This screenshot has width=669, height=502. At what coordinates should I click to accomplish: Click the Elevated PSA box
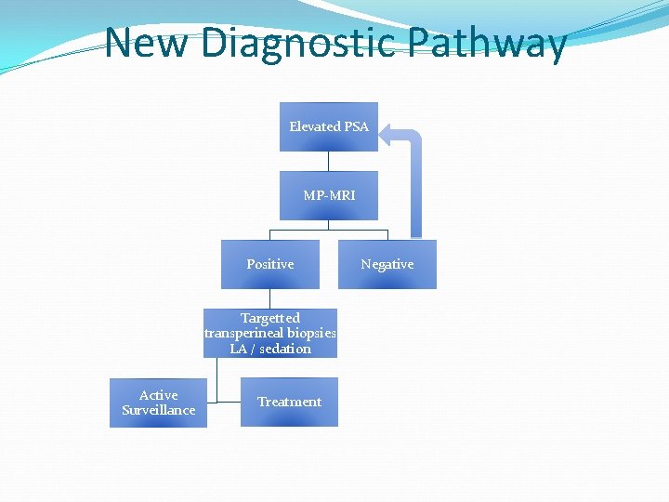click(328, 126)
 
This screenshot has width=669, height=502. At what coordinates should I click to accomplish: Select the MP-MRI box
click(328, 195)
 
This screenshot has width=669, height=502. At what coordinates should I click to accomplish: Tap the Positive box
click(269, 264)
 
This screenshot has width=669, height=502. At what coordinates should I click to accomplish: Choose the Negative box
click(387, 264)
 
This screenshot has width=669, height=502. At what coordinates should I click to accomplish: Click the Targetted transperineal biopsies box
click(269, 333)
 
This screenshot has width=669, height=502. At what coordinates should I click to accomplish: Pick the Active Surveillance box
click(158, 403)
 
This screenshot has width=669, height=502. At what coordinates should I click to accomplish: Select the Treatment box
click(289, 402)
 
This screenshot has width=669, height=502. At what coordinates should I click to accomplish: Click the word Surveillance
click(158, 410)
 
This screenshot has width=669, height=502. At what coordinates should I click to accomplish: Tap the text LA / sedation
click(269, 349)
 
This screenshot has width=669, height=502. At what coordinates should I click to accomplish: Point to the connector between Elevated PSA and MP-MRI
click(328, 161)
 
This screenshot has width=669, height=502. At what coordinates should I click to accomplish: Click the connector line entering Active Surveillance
click(213, 403)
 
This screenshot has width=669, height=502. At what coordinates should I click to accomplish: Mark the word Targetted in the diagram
click(269, 318)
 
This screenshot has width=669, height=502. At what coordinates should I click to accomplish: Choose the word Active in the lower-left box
click(158, 395)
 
